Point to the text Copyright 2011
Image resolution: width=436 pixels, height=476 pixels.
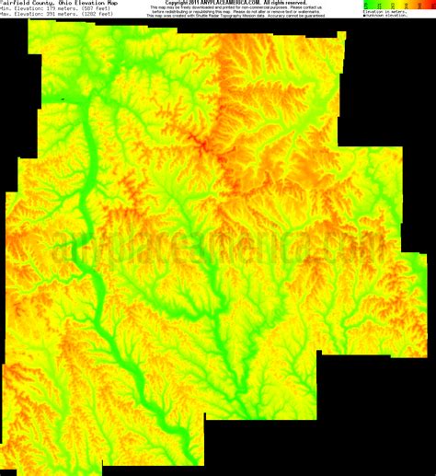[184, 3]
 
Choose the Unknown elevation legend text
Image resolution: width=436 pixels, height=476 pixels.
[386, 17]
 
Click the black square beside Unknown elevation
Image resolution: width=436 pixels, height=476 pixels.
[365, 17]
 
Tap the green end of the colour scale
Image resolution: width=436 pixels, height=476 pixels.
[367, 4]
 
